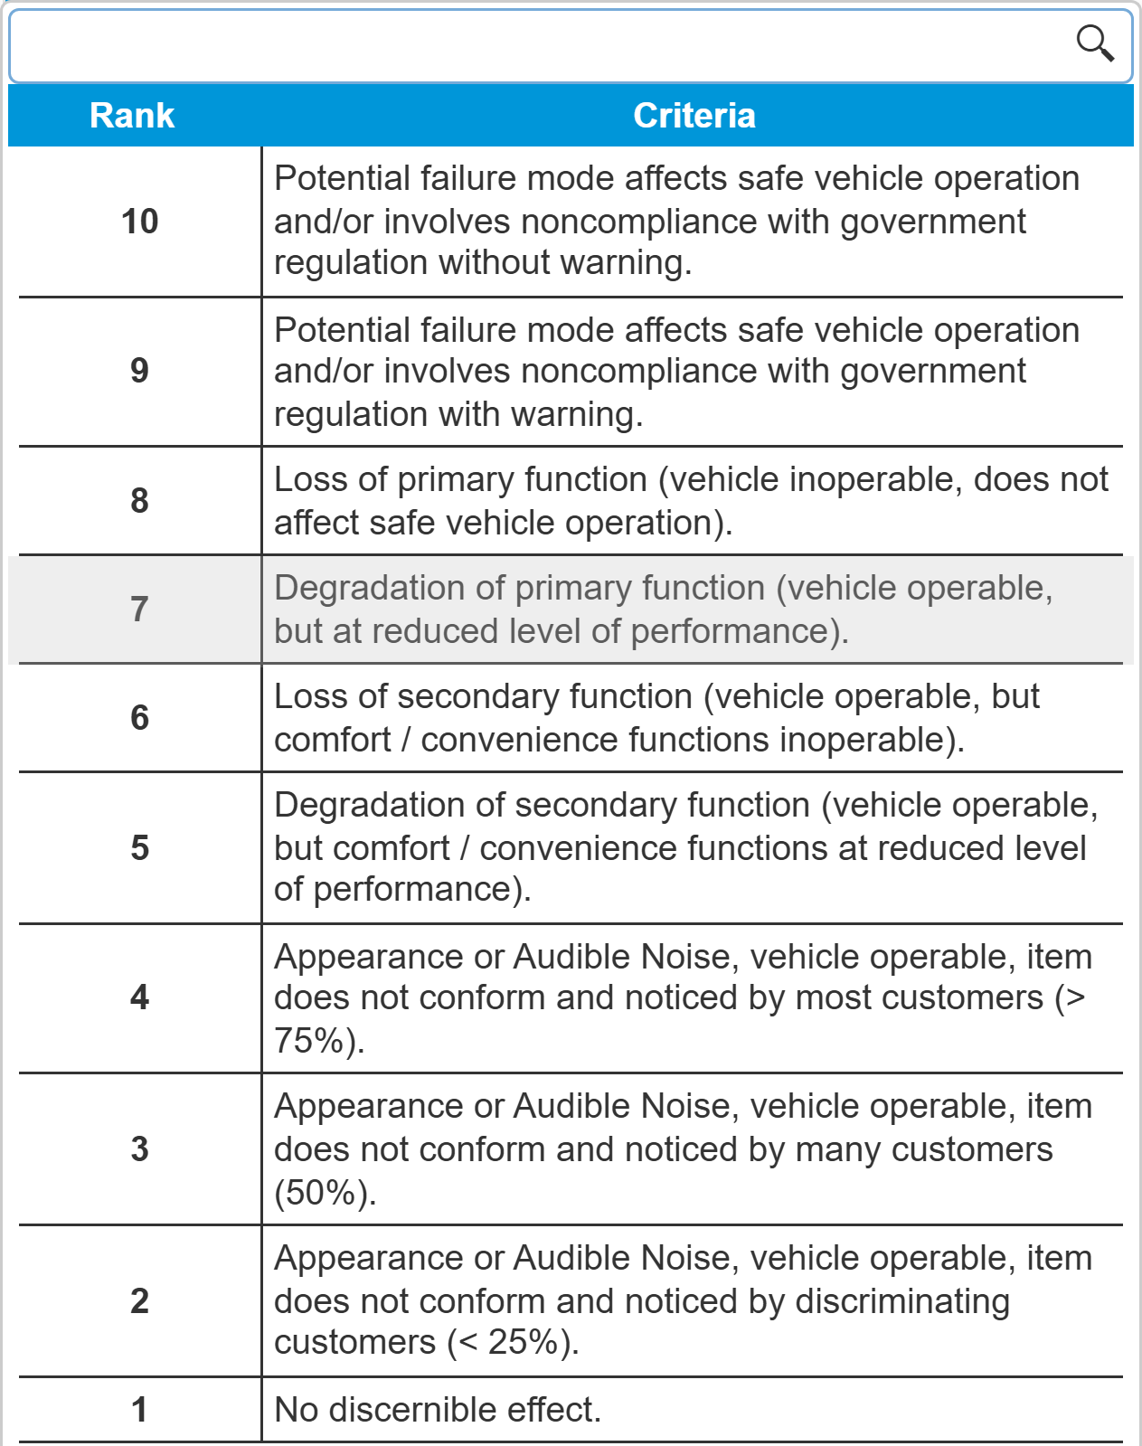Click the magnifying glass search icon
click(x=1095, y=43)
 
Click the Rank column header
click(x=132, y=116)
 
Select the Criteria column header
click(x=694, y=116)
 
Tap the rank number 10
click(x=140, y=222)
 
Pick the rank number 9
click(x=139, y=371)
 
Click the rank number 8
click(x=139, y=500)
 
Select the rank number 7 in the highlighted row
click(x=139, y=609)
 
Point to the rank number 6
click(x=139, y=717)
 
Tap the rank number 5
click(x=139, y=847)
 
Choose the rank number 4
click(x=139, y=997)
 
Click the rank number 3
click(x=139, y=1148)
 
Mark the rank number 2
click(x=139, y=1300)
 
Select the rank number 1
click(x=139, y=1409)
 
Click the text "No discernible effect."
click(x=438, y=1409)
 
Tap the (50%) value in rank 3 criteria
click(x=325, y=1193)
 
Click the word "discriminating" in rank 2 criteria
click(x=901, y=1301)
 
